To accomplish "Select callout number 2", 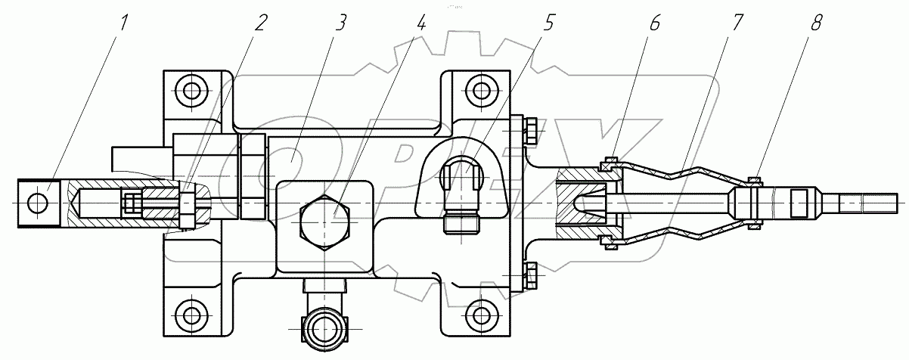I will [x=260, y=22].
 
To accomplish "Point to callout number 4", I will [x=421, y=22].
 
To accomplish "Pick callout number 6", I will [x=654, y=22].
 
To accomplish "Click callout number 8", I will [x=816, y=22].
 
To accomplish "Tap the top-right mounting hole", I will [x=479, y=92].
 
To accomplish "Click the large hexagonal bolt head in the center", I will [x=324, y=225].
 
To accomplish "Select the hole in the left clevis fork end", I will [x=36, y=203].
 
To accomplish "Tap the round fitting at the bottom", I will [x=324, y=328].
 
